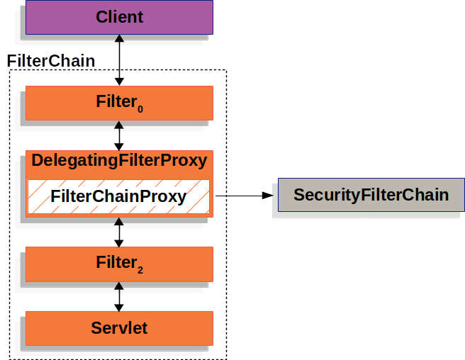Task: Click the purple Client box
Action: pos(119,17)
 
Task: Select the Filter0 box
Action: pos(119,103)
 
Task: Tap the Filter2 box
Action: pos(119,264)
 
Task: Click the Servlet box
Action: pos(119,328)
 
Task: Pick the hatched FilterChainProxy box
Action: pos(119,196)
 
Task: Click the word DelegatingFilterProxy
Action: pos(119,161)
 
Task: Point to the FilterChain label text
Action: pos(50,61)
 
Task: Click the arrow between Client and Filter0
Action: pos(119,60)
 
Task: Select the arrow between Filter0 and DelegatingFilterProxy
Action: pos(119,135)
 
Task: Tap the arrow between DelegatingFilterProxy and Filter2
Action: pos(119,232)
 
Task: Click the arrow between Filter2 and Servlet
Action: pos(119,296)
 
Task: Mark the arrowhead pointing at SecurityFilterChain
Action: pos(267,195)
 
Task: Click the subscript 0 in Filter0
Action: pos(140,109)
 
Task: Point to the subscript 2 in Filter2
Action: pos(140,270)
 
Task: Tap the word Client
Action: pos(119,16)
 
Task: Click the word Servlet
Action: pos(119,328)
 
